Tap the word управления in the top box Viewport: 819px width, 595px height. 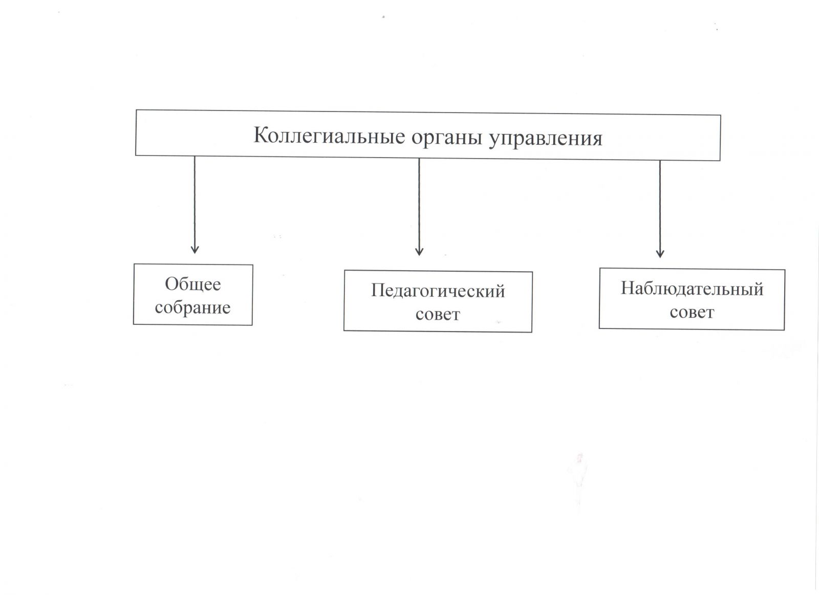click(546, 139)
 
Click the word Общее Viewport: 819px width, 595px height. click(192, 284)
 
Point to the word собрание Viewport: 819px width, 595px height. click(192, 307)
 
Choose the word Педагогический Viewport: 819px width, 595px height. click(438, 291)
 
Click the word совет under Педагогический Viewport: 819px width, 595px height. click(438, 314)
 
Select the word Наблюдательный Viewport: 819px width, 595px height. click(692, 289)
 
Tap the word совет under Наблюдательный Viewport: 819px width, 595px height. click(692, 312)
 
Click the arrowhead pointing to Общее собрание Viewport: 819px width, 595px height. click(195, 249)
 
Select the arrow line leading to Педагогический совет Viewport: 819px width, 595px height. click(419, 205)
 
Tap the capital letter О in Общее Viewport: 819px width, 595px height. click(172, 284)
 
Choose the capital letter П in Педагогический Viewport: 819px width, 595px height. click(378, 291)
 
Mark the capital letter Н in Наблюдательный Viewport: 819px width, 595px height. click(628, 289)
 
